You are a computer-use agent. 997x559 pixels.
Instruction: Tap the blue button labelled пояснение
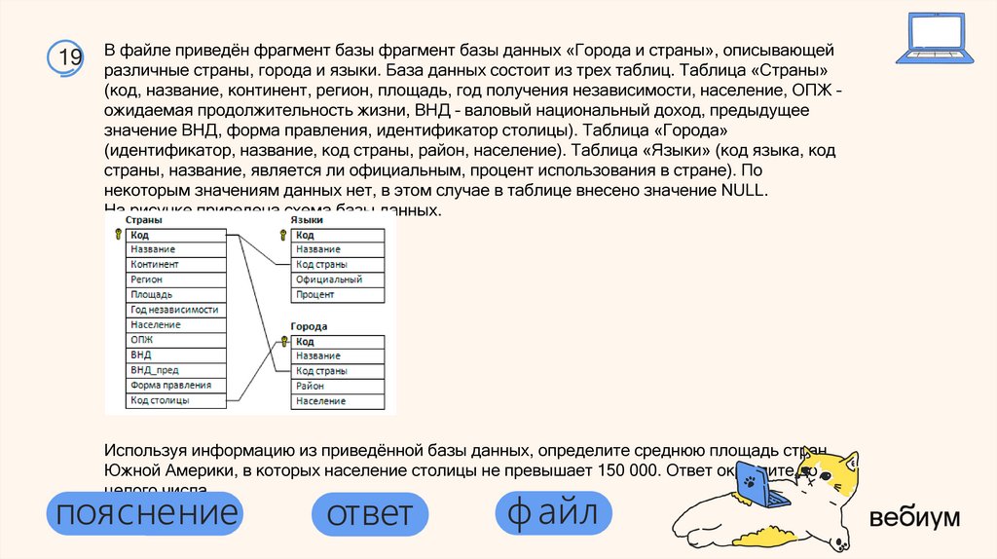pyautogui.click(x=146, y=513)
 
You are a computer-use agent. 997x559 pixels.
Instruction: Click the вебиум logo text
pyautogui.click(x=914, y=517)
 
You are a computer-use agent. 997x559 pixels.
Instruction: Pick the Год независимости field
pyautogui.click(x=175, y=310)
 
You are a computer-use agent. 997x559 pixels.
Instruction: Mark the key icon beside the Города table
pyautogui.click(x=284, y=342)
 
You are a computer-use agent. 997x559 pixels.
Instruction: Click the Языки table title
pyautogui.click(x=307, y=221)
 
